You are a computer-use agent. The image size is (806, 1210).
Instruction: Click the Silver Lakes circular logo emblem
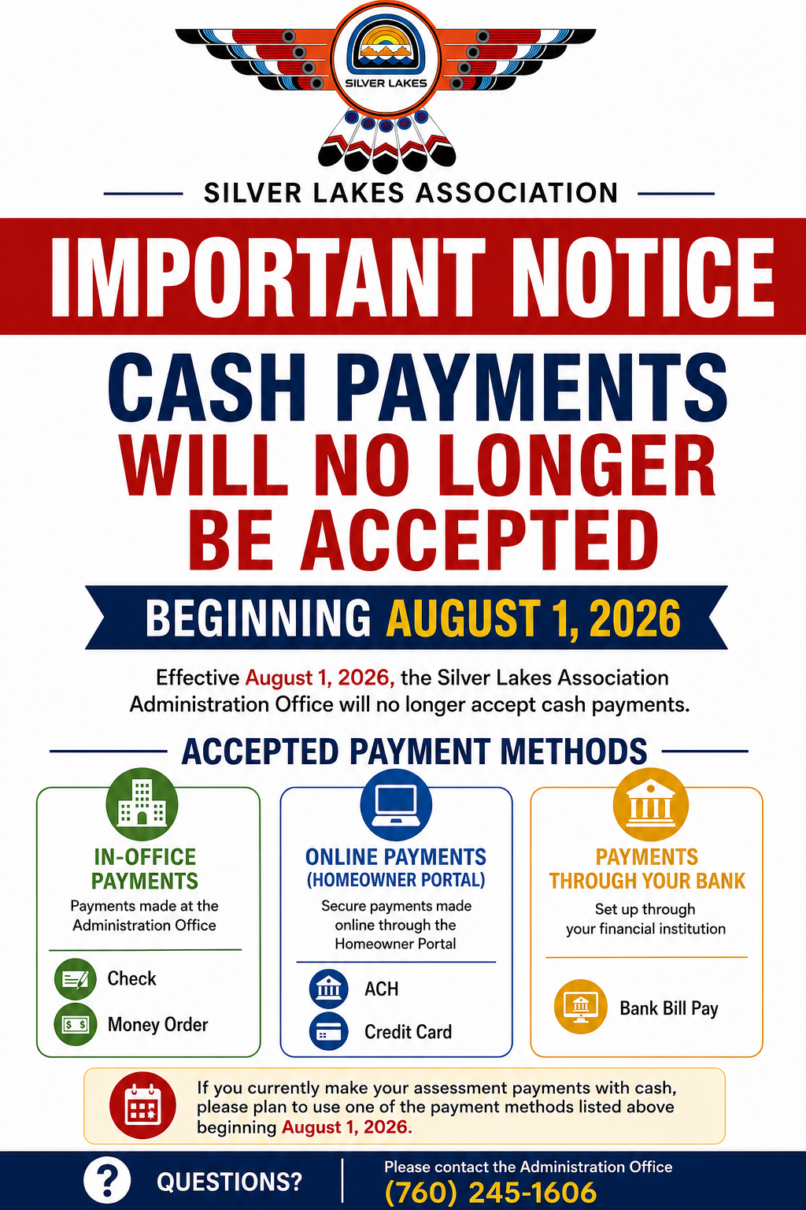[386, 57]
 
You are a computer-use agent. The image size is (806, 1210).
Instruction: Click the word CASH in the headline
[207, 388]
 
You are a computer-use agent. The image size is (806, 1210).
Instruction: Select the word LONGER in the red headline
[576, 465]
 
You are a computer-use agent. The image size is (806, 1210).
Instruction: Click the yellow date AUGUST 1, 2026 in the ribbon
[533, 618]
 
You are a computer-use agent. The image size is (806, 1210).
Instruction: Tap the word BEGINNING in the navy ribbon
[258, 618]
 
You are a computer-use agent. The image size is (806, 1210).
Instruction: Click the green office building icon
[142, 804]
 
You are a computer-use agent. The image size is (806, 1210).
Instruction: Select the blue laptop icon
[396, 804]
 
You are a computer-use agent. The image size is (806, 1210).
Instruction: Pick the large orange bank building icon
[650, 804]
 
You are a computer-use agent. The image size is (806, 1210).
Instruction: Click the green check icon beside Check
[76, 979]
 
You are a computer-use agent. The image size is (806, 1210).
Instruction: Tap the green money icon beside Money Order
[76, 1024]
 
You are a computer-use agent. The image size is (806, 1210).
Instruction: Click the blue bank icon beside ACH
[329, 989]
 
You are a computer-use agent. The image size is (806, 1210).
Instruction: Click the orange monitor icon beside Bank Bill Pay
[581, 1007]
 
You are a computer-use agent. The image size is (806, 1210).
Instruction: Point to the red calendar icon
[142, 1105]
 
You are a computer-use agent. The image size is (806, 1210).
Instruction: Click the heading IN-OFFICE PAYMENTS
[145, 869]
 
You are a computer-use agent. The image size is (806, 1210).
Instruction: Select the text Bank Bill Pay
[669, 1008]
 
